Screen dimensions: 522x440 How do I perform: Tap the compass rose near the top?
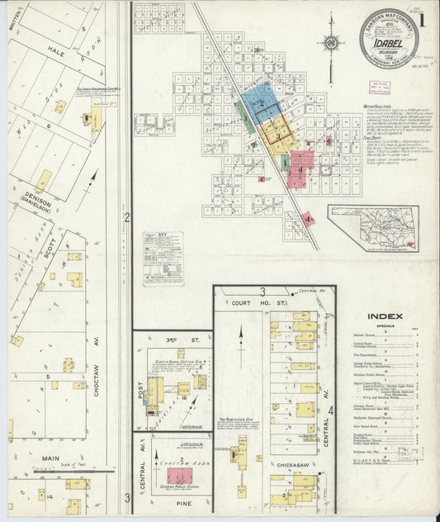331,43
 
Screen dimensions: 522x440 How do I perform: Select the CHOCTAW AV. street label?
97,379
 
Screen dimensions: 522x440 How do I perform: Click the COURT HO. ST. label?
252,303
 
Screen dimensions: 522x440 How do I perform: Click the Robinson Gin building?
242,450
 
